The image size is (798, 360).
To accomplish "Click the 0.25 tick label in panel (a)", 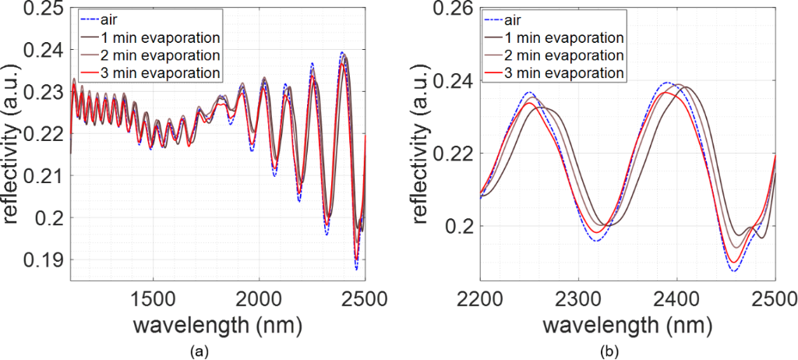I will pos(48,9).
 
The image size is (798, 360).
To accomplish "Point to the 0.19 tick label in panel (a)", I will pos(48,259).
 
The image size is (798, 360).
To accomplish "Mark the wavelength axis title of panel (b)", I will pos(628,323).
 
